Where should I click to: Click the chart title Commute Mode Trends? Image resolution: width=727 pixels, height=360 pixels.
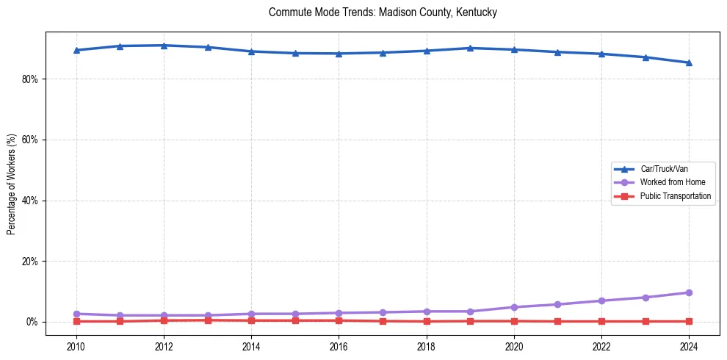coord(383,12)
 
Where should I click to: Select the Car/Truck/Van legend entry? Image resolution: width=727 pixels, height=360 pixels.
coord(664,169)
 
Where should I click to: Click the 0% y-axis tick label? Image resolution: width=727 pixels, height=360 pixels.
coord(32,322)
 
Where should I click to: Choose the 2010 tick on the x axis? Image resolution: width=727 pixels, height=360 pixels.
coord(76,345)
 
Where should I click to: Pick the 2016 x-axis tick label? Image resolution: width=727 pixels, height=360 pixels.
coord(339,345)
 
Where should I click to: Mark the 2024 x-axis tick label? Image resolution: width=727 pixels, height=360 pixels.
coord(689,345)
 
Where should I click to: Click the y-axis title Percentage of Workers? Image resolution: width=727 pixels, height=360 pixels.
coord(12,184)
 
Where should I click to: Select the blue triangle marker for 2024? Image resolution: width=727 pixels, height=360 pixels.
coord(689,62)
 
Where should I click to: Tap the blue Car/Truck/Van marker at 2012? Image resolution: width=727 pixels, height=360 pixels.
coord(164,46)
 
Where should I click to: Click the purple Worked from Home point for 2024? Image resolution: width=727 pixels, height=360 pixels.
coord(689,292)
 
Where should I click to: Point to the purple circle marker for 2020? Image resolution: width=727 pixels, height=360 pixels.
coord(514,307)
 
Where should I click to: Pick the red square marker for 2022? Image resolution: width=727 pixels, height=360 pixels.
coord(601,321)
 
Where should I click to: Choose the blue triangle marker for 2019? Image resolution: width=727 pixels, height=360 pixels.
coord(470,48)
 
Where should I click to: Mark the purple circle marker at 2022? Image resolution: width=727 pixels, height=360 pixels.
coord(601,300)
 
